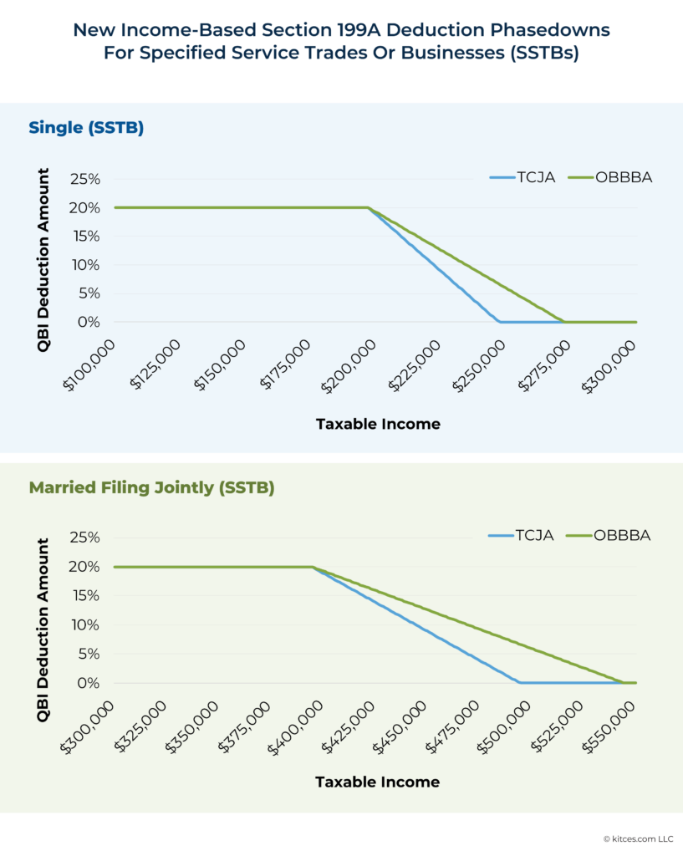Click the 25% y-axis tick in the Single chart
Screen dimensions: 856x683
(x=84, y=179)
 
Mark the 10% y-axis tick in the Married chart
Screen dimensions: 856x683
(x=84, y=625)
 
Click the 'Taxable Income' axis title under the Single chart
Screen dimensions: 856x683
(x=378, y=424)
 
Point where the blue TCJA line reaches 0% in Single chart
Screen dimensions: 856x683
(x=499, y=322)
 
